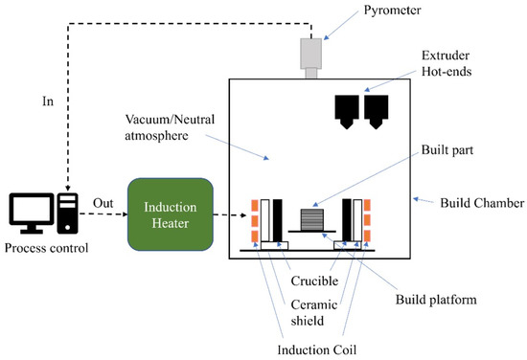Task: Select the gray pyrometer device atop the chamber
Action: click(312, 55)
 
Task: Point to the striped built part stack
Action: click(312, 220)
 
